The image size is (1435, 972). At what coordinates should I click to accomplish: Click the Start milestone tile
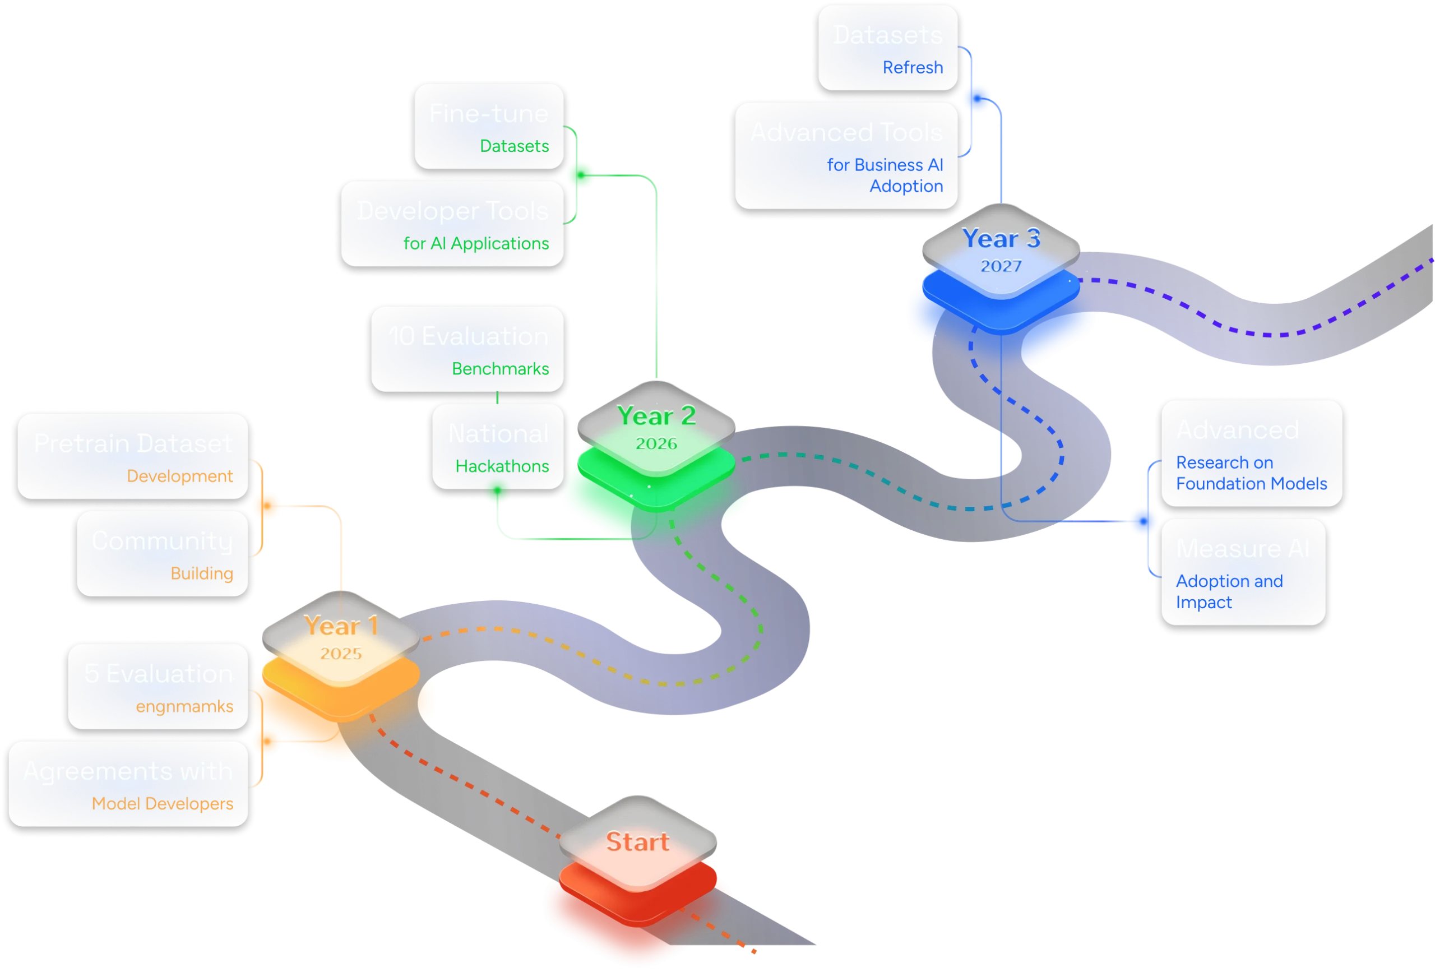pos(638,843)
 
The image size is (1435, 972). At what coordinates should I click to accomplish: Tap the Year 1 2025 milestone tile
pos(340,637)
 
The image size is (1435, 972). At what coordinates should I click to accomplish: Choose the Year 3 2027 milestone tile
pos(1001,250)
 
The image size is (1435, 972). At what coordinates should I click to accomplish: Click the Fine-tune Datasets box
pos(489,127)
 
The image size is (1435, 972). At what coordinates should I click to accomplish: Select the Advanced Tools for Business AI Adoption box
pos(846,156)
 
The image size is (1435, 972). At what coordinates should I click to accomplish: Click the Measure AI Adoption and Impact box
pos(1243,572)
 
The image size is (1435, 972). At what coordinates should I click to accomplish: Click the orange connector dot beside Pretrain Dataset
pos(267,505)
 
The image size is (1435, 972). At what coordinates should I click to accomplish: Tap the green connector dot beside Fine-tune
pos(580,175)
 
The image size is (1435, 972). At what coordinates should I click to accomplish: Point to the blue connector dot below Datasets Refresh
pos(978,98)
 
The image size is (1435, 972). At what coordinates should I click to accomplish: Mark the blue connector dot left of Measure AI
pos(1143,521)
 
